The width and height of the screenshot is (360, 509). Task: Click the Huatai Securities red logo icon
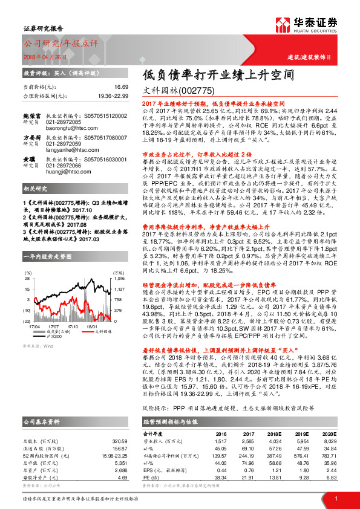[285, 26]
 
